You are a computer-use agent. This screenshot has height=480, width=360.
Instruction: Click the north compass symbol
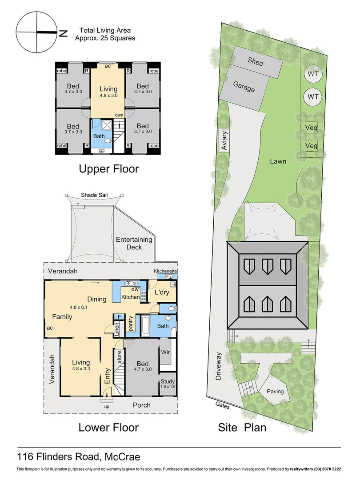(x=36, y=32)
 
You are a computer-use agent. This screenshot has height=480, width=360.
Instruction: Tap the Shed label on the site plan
(x=256, y=62)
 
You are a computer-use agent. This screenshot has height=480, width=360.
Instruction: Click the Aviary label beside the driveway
(x=225, y=141)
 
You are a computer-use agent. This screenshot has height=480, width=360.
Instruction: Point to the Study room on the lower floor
(x=168, y=384)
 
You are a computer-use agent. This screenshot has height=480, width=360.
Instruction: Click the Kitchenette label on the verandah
(x=165, y=271)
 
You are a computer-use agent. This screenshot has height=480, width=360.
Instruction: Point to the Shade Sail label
(x=94, y=195)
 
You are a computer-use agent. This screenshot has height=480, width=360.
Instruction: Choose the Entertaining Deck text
(x=134, y=243)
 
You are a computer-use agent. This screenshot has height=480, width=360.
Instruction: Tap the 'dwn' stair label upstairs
(x=119, y=115)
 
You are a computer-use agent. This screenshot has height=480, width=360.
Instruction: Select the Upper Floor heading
(x=108, y=169)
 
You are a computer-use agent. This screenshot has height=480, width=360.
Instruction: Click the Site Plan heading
(x=242, y=428)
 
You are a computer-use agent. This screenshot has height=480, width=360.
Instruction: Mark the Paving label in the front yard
(x=275, y=392)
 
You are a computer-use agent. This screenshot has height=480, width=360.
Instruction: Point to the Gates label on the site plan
(x=222, y=404)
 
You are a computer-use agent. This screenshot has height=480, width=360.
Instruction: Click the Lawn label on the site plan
(x=278, y=161)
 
